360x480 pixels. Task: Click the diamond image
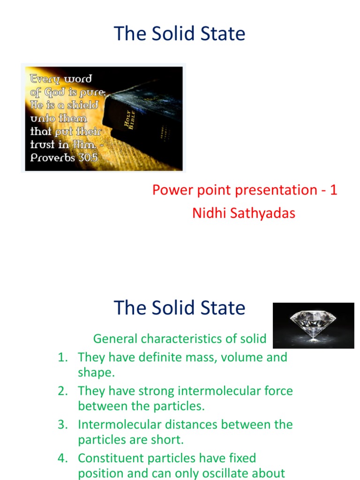[x=313, y=325]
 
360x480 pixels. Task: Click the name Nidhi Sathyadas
[x=244, y=213]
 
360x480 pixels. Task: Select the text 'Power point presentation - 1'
[x=244, y=190]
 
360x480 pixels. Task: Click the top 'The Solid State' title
[x=180, y=34]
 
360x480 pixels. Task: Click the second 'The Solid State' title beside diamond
[x=180, y=308]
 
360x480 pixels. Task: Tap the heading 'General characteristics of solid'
[x=180, y=338]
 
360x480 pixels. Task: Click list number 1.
[x=62, y=357]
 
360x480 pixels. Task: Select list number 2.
[x=62, y=391]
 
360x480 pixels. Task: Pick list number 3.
[x=62, y=425]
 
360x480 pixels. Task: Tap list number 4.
[x=62, y=458]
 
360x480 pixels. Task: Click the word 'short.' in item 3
[x=170, y=440]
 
